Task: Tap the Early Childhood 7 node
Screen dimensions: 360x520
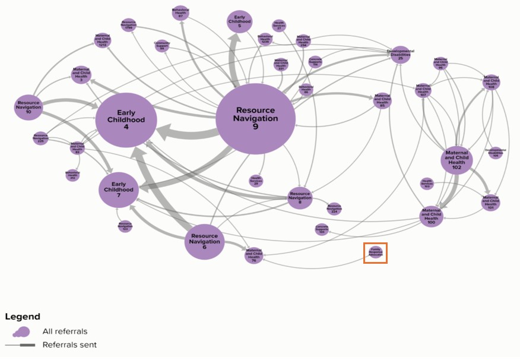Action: click(x=119, y=190)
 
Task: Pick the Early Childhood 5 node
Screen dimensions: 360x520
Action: click(x=240, y=21)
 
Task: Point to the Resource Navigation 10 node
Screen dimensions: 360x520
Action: click(x=28, y=106)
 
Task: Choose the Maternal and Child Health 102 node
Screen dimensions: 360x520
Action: click(x=456, y=160)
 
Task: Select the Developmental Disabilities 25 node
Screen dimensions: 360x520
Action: click(x=400, y=55)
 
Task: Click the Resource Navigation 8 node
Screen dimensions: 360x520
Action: click(x=300, y=197)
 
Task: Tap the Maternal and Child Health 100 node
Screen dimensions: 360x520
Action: click(x=432, y=217)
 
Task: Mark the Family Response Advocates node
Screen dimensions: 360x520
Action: click(x=375, y=253)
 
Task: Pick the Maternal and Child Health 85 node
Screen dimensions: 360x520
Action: click(x=382, y=100)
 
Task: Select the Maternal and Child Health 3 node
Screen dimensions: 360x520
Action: click(x=81, y=74)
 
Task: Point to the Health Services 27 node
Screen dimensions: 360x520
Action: click(x=279, y=26)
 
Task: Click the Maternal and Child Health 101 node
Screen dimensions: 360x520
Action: click(x=490, y=202)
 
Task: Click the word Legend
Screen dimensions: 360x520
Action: click(x=23, y=317)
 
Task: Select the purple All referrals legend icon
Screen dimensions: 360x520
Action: click(x=22, y=331)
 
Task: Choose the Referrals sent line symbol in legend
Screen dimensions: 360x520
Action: click(x=21, y=345)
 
